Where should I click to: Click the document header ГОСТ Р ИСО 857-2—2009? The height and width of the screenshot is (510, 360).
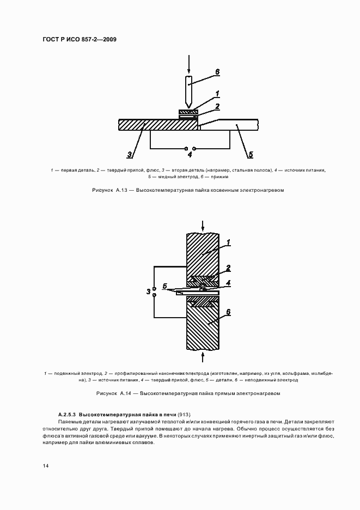click(79, 40)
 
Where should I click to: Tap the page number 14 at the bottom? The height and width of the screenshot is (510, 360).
click(45, 465)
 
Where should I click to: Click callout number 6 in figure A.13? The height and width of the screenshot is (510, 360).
click(217, 71)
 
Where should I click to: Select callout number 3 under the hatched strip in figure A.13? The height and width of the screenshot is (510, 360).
click(130, 155)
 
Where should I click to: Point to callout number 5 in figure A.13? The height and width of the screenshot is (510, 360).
click(251, 155)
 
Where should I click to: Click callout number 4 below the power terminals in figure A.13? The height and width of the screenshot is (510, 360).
click(190, 155)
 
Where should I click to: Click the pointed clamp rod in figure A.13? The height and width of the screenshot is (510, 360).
click(188, 90)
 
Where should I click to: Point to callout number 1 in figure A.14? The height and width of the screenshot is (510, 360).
click(228, 242)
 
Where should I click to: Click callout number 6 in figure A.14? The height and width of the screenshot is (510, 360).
click(228, 312)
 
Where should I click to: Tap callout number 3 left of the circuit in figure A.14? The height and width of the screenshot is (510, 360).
click(148, 292)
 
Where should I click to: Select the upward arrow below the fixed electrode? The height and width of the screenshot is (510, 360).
click(203, 356)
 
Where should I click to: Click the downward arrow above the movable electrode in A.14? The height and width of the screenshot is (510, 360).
click(203, 225)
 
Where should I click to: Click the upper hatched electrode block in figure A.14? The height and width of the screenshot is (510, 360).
click(203, 253)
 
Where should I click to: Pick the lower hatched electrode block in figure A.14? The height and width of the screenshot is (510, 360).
click(203, 327)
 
